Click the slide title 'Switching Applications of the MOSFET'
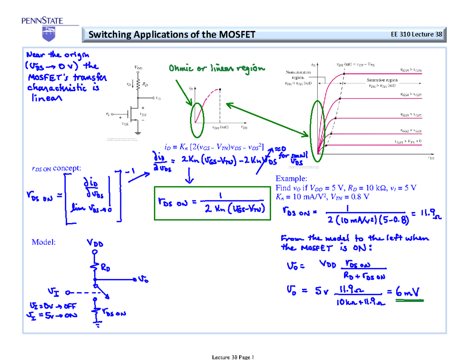click(172, 35)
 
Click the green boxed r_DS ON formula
click(212, 203)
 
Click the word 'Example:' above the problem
click(291, 179)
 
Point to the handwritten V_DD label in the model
click(95, 244)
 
